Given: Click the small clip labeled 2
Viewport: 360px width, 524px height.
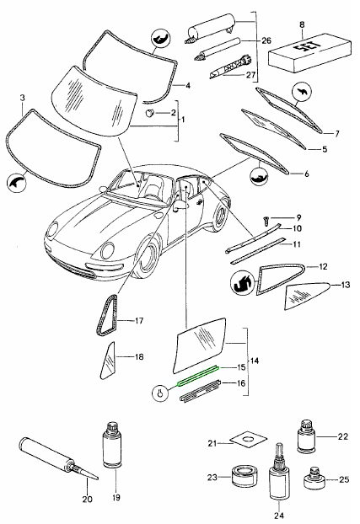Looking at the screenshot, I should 152,112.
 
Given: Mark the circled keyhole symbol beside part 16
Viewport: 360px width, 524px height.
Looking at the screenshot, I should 160,392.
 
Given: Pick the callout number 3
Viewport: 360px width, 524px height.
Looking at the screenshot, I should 21,99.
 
